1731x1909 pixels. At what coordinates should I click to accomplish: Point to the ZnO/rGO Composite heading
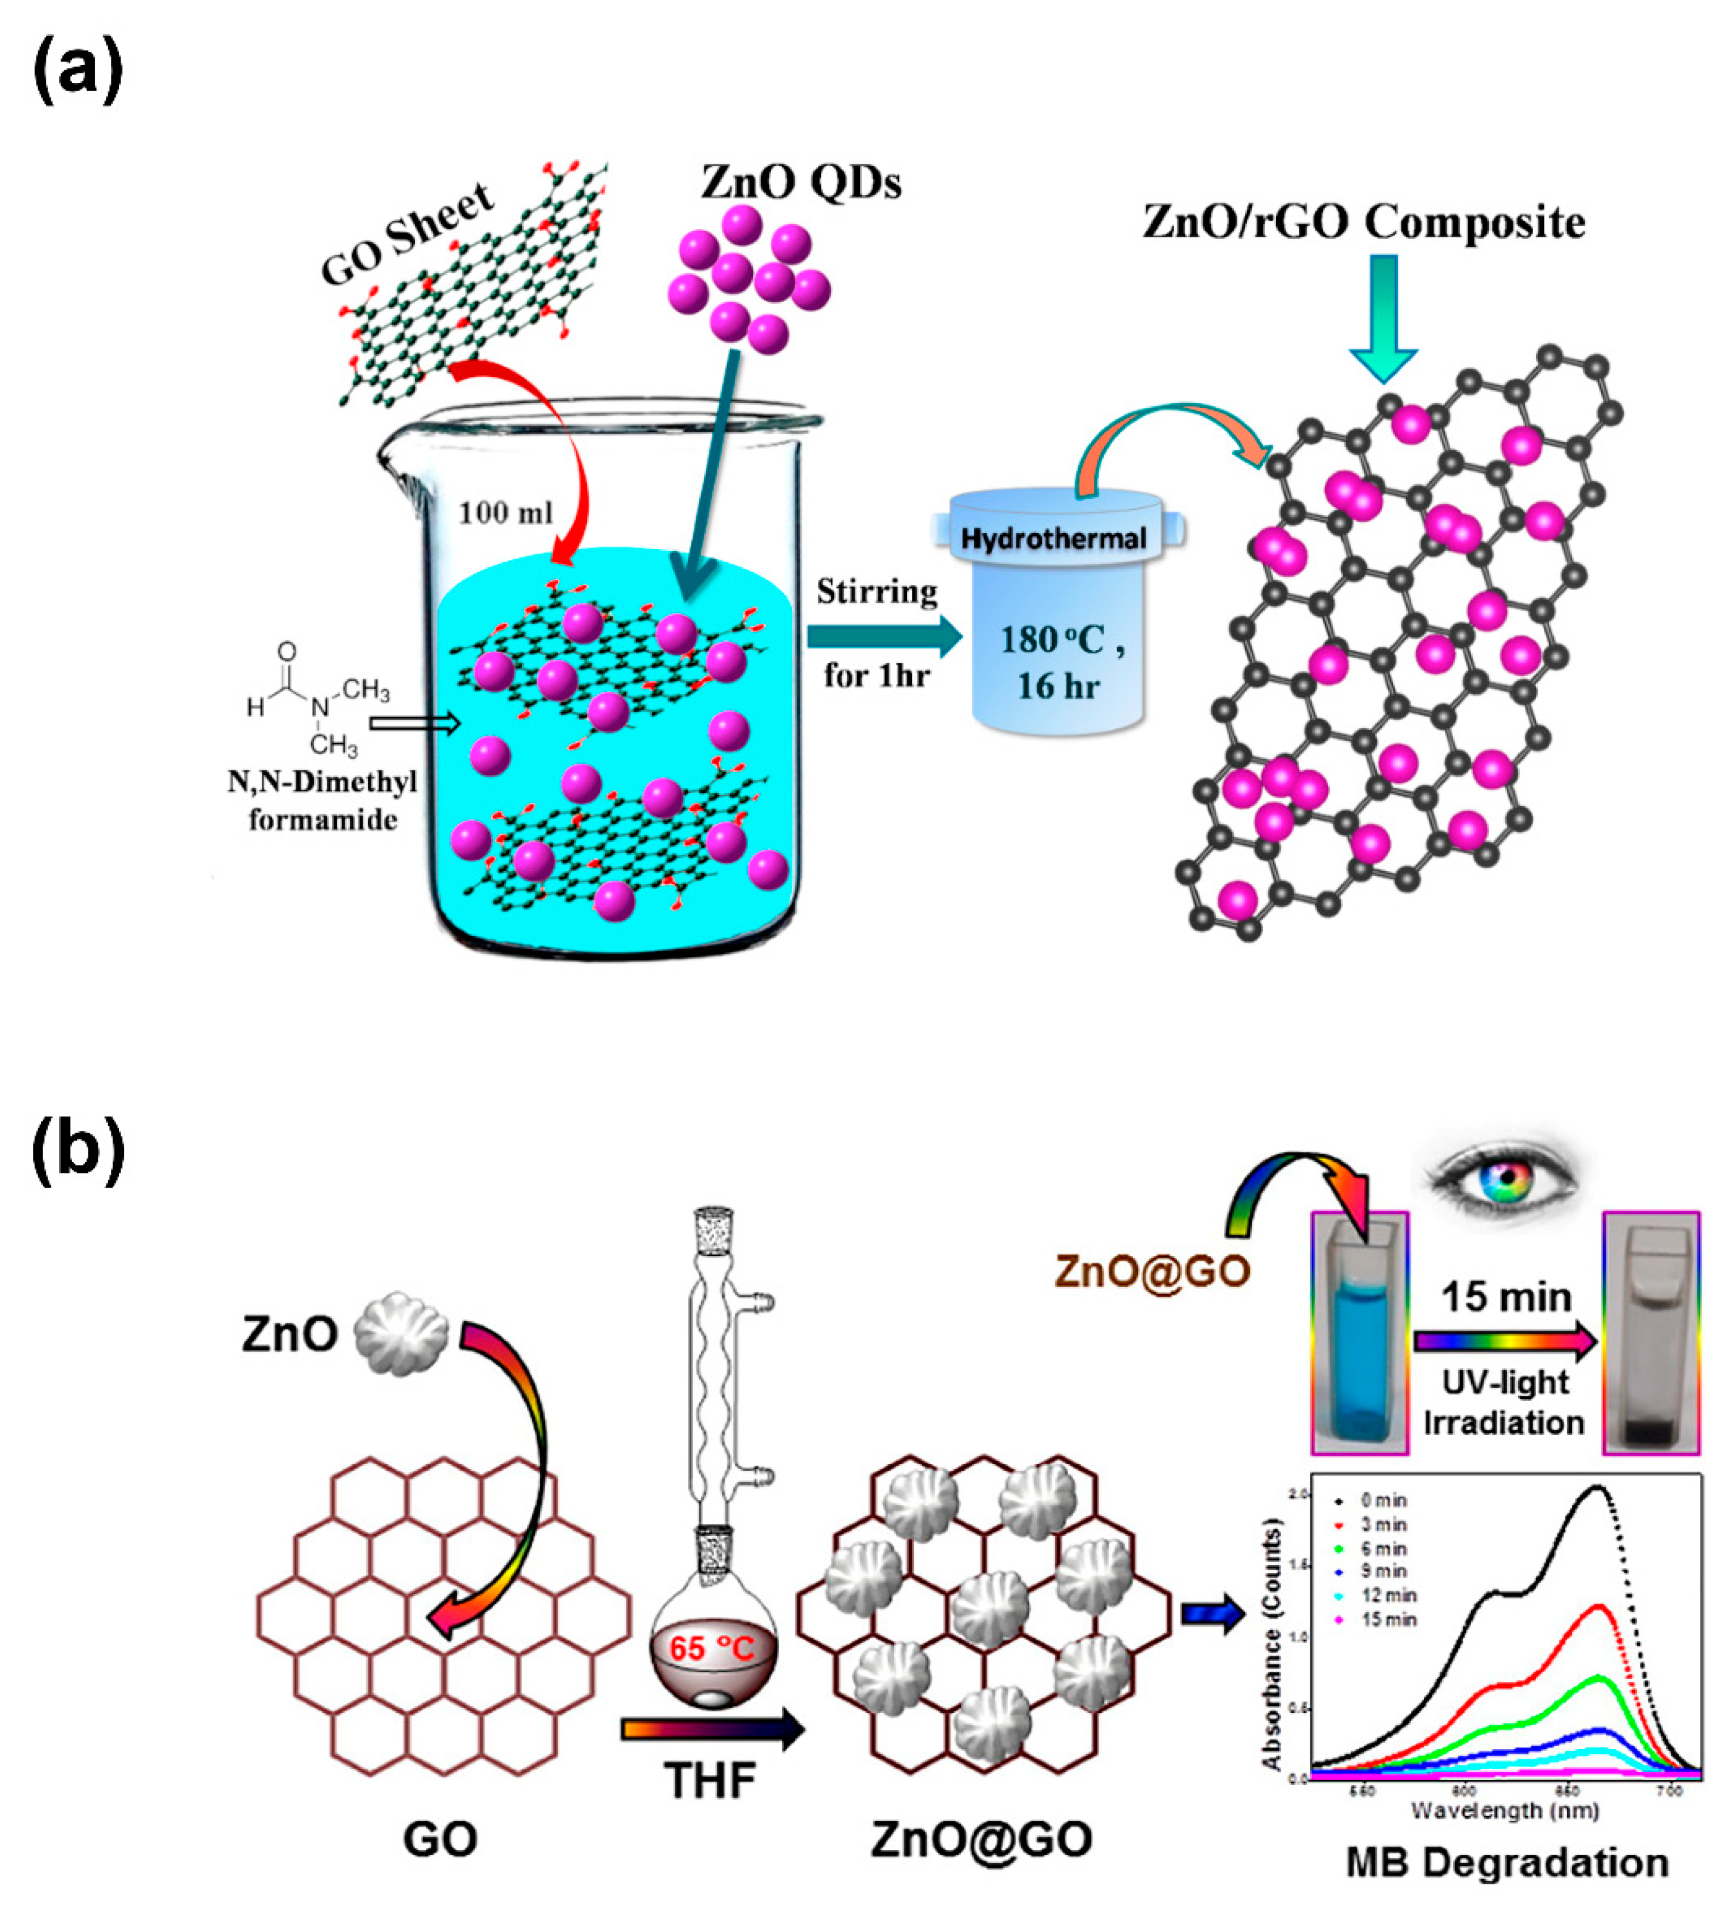[x=1364, y=222]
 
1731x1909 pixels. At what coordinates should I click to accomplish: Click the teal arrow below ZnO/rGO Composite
[x=1383, y=317]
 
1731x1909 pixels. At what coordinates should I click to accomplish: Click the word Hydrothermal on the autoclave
[x=1053, y=539]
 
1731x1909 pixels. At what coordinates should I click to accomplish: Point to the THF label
[x=710, y=1780]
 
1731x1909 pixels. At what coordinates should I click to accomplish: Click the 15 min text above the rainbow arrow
[x=1506, y=1296]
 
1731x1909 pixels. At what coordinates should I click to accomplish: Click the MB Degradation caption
[x=1506, y=1862]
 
